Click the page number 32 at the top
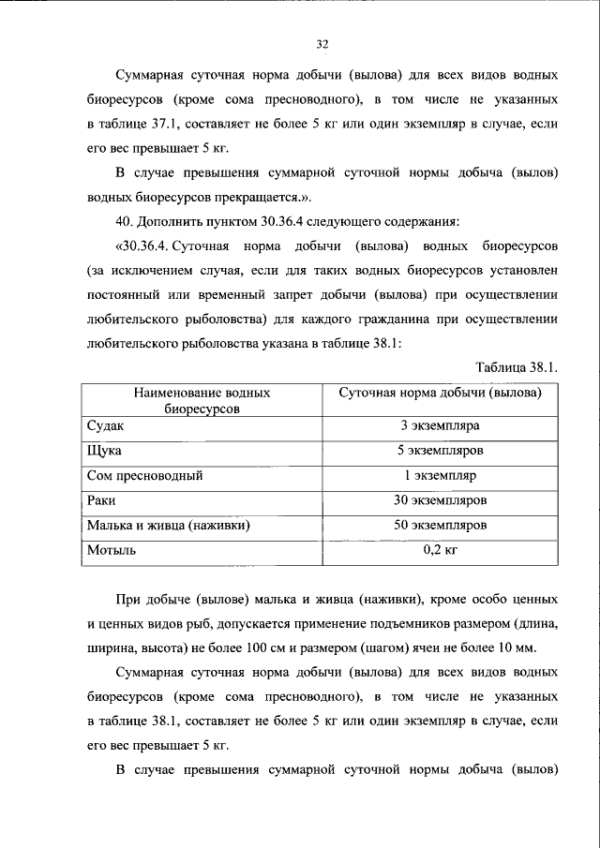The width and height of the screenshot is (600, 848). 322,43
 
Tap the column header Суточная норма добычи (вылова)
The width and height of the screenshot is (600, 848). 440,394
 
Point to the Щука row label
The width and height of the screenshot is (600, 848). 104,451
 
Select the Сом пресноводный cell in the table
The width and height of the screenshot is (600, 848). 144,475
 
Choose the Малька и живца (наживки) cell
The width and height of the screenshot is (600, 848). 167,526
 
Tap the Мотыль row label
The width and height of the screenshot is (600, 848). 112,551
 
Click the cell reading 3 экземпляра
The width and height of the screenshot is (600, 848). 440,425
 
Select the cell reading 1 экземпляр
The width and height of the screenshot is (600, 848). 440,475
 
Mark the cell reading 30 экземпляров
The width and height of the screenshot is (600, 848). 440,500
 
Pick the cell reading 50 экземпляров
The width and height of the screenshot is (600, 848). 440,526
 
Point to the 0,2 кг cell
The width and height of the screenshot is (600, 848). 440,551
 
